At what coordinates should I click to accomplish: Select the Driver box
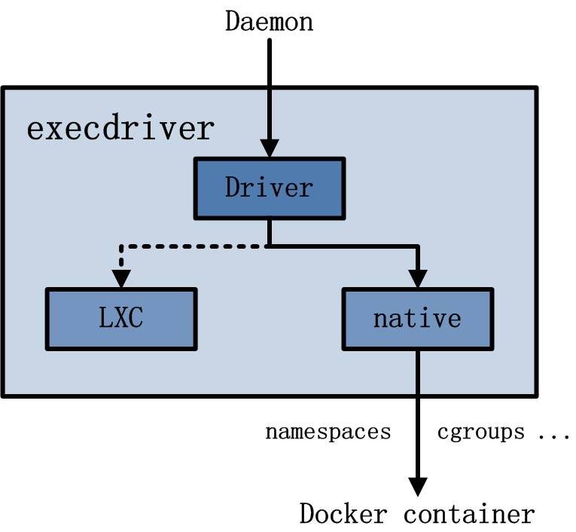(269, 186)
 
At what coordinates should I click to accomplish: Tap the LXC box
(120, 318)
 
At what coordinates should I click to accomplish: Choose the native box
(417, 318)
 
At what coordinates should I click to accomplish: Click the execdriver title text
(120, 129)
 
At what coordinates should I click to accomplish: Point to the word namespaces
(328, 432)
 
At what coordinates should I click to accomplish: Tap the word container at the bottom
(469, 514)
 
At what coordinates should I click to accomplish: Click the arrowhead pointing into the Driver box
(269, 148)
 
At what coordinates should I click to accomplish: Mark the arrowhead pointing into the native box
(417, 279)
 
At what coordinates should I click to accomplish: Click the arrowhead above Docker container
(417, 486)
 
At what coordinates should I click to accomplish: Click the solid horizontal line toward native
(346, 246)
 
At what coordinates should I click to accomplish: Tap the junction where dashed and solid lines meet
(269, 246)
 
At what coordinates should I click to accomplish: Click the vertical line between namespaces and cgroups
(417, 432)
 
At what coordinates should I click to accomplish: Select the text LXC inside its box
(120, 318)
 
